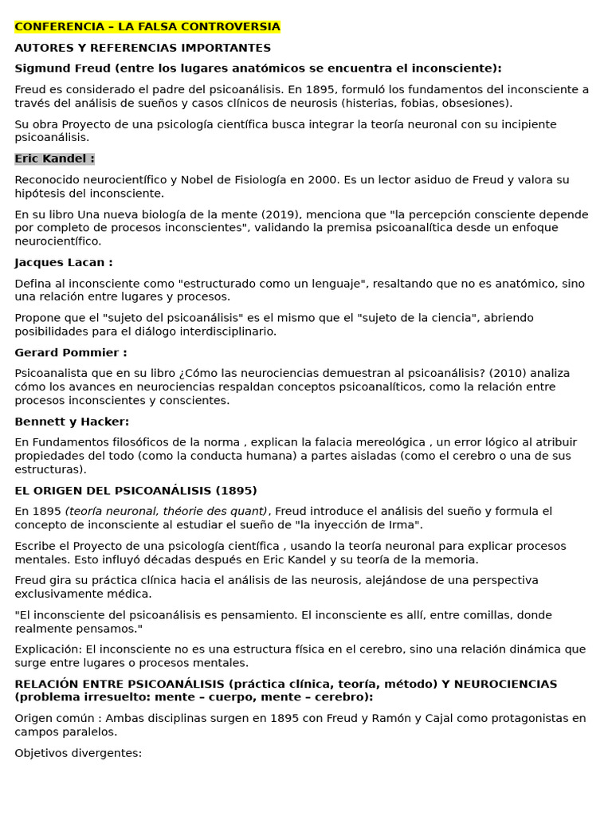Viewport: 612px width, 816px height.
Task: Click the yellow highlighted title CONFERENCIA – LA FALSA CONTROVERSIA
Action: click(147, 27)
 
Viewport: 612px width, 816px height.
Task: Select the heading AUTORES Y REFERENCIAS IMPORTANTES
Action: click(143, 48)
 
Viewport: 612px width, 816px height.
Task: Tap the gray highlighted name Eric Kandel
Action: click(54, 159)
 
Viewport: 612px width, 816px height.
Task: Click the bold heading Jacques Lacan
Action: click(64, 262)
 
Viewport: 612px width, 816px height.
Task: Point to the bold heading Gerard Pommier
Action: click(70, 352)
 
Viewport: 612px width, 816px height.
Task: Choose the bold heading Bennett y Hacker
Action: click(72, 422)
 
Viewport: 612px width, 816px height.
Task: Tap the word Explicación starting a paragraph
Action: click(47, 649)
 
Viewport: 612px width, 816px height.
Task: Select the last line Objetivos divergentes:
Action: click(78, 752)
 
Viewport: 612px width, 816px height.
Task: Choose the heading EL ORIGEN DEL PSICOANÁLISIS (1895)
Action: click(135, 490)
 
